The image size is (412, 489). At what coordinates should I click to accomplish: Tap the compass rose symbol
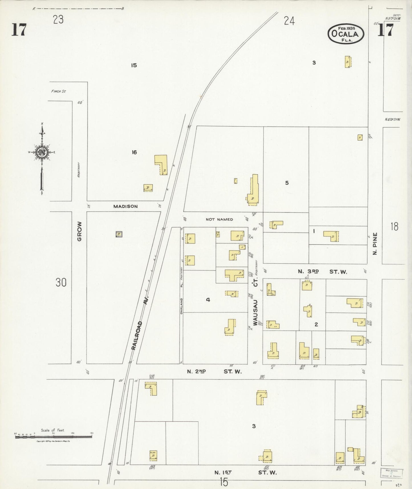pos(42,152)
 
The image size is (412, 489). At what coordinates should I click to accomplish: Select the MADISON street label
pos(125,206)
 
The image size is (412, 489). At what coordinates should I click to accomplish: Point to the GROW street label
pos(79,231)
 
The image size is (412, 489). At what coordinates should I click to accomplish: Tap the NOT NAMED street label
pos(219,219)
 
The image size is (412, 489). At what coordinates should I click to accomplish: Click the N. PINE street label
pos(375,244)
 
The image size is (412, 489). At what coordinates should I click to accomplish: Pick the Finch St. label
pos(58,92)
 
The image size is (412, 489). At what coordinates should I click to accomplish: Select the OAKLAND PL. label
pos(181,300)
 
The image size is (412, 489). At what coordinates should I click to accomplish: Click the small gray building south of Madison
pos(119,234)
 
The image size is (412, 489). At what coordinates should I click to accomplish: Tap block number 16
pos(134,152)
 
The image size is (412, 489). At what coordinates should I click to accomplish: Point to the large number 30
pos(61,282)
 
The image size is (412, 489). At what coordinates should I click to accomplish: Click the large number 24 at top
pos(289,21)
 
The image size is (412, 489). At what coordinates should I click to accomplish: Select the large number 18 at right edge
pos(395,227)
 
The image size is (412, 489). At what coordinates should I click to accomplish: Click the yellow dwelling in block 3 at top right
pos(348,62)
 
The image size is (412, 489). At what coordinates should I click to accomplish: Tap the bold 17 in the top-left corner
pos(19,30)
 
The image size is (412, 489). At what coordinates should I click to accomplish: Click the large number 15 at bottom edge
pos(224,482)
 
